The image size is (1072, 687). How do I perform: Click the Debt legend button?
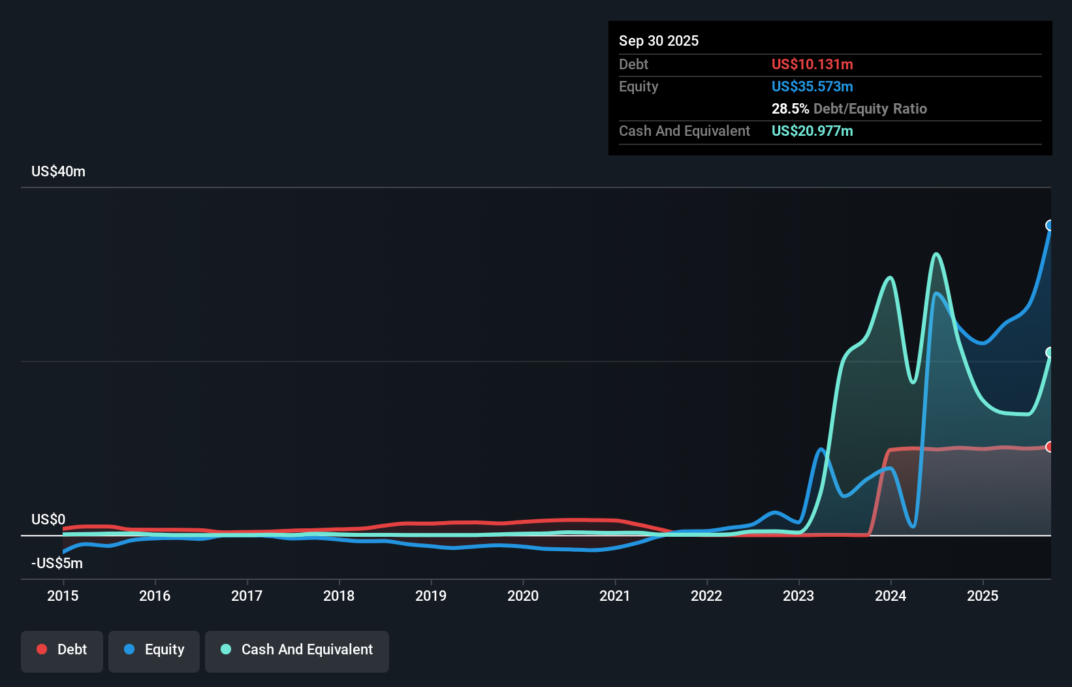click(x=62, y=650)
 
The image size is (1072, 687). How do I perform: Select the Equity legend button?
click(x=154, y=650)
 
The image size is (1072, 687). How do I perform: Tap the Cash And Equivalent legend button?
click(x=297, y=650)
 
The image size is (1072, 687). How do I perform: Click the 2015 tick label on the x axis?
click(x=63, y=596)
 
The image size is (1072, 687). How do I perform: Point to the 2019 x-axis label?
click(x=431, y=596)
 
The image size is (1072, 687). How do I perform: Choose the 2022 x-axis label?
click(x=706, y=596)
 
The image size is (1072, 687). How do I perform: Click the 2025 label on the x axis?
click(x=983, y=596)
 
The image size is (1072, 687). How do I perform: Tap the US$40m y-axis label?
click(x=58, y=171)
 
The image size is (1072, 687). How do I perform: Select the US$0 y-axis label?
click(x=48, y=519)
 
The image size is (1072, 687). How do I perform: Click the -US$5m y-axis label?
click(x=57, y=563)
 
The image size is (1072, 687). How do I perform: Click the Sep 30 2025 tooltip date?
click(x=658, y=40)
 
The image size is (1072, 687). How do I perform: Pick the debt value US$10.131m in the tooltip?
click(x=812, y=64)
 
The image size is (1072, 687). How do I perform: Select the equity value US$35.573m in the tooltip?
click(x=812, y=86)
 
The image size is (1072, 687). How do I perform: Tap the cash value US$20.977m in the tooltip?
click(x=812, y=131)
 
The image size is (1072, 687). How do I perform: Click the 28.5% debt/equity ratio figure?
click(x=790, y=108)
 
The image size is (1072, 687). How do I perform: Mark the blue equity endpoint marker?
click(x=1050, y=225)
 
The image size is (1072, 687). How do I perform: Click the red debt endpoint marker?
click(x=1050, y=447)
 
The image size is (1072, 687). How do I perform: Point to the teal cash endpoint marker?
click(x=1050, y=353)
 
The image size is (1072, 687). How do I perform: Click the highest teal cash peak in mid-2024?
click(x=936, y=254)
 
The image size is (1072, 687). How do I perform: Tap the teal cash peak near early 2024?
click(x=890, y=278)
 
